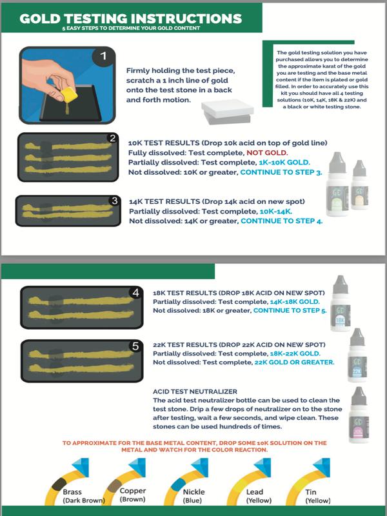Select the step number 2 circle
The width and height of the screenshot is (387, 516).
112,138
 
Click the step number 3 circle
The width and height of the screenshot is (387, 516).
114,201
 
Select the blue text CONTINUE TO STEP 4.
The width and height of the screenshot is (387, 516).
281,221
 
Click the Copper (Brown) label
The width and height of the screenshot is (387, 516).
133,495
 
